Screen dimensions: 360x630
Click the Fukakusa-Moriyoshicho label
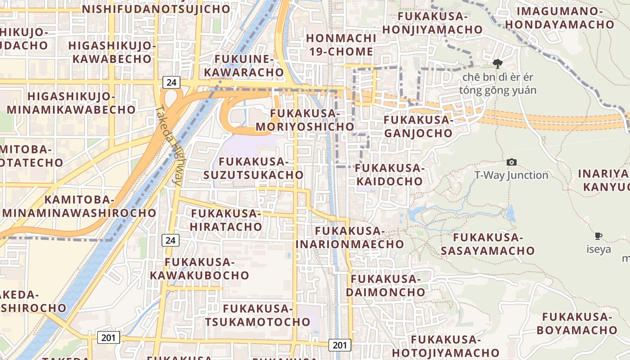click(305, 120)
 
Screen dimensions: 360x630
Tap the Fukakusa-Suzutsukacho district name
click(253, 168)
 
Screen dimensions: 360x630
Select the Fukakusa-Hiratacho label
click(226, 220)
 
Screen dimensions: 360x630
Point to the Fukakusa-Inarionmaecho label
click(350, 238)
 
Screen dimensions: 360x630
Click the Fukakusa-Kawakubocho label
click(199, 269)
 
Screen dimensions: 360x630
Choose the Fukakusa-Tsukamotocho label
click(258, 315)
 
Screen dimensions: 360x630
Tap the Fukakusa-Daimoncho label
click(385, 285)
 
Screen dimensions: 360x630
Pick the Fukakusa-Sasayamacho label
click(487, 244)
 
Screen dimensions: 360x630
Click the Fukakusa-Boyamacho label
click(577, 323)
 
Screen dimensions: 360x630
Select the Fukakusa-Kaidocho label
click(390, 175)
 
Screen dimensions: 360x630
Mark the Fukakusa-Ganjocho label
click(418, 126)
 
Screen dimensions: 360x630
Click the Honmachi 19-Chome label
click(340, 45)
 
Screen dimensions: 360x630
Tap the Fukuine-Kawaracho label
click(244, 66)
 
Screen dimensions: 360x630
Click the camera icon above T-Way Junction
click(511, 162)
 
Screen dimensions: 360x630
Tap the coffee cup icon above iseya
click(598, 236)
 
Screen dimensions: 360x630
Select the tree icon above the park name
click(497, 63)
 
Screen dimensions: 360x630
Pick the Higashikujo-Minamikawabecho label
click(71, 103)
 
